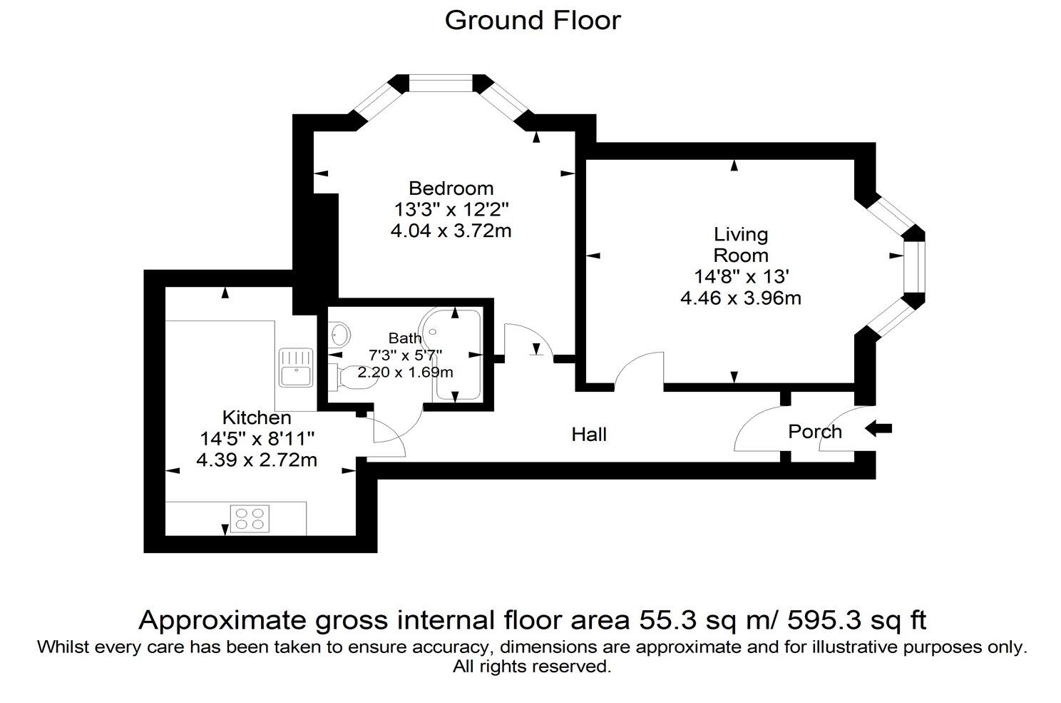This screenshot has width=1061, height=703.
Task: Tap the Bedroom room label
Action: [x=451, y=188]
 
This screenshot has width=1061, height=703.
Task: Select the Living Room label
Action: [x=741, y=245]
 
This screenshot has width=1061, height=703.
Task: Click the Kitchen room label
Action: [x=256, y=418]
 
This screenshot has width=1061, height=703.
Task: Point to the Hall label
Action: [x=589, y=434]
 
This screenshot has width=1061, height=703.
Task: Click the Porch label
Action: [x=814, y=432]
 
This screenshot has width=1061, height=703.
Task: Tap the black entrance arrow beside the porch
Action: [x=878, y=429]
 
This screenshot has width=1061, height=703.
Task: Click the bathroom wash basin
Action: [x=341, y=333]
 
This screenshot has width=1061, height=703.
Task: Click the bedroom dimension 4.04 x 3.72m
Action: [x=451, y=231]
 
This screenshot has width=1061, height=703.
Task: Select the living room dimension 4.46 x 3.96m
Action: [x=741, y=298]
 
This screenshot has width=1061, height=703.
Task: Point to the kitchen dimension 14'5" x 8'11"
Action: [x=256, y=438]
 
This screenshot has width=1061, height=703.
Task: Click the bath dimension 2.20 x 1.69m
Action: [x=405, y=373]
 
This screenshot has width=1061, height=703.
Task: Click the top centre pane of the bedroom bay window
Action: [x=441, y=84]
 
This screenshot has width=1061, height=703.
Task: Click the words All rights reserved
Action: [x=532, y=667]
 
